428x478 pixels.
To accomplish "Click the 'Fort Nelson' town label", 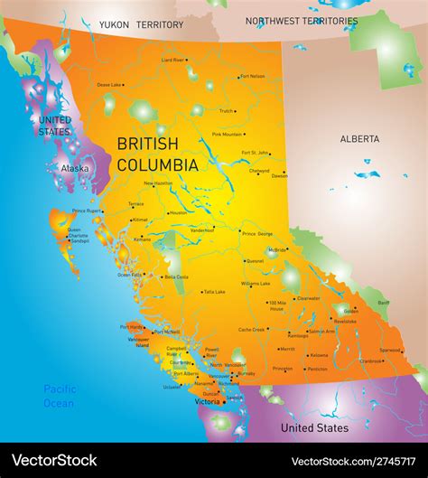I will (253, 77).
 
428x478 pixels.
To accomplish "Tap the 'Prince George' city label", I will (257, 233).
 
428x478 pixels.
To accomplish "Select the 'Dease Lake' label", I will (109, 85).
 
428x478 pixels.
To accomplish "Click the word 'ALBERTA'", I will (359, 139).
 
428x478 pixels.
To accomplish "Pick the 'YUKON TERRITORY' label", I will (141, 25).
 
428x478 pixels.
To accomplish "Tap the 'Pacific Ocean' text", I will (60, 396).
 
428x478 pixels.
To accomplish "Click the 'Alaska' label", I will (75, 168).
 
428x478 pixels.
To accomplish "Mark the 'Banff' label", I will (384, 303).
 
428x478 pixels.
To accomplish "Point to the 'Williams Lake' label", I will (256, 284).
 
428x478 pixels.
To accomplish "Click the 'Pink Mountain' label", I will (227, 134).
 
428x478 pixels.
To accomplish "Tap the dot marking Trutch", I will (236, 111).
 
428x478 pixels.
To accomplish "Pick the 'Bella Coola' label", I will (176, 276).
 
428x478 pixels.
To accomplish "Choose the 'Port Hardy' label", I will (131, 327).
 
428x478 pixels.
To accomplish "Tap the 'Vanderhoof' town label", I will (202, 230).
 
